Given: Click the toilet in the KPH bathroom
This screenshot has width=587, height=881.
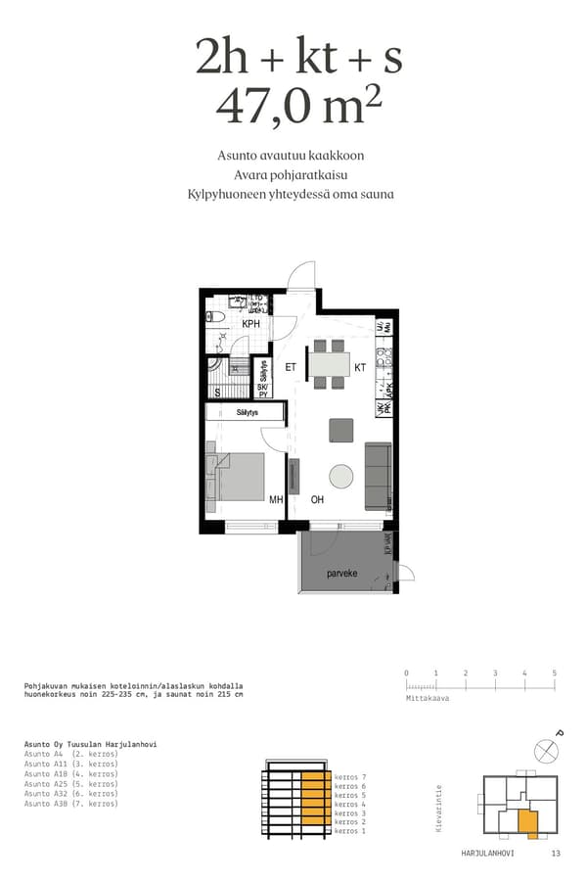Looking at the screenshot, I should click(216, 317).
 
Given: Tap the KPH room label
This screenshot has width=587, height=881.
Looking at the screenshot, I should click(250, 324).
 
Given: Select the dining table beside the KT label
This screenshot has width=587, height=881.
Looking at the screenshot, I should click(329, 364).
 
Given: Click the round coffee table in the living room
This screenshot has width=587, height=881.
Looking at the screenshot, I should click(341, 476).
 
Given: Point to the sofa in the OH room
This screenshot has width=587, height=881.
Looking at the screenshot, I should click(378, 476).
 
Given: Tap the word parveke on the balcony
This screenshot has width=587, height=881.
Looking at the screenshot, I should click(340, 574).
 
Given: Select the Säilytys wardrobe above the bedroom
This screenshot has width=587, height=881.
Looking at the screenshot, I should click(246, 413).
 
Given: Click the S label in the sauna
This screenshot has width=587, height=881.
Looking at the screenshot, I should click(216, 392).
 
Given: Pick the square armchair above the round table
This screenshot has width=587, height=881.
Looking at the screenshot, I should click(341, 430).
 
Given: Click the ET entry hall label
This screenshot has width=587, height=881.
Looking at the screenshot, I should click(291, 368).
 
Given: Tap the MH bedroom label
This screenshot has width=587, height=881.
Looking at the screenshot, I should click(276, 499).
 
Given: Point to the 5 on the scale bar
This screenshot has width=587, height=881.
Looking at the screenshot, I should click(554, 673).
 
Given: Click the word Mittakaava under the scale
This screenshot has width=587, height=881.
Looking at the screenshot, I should click(427, 700).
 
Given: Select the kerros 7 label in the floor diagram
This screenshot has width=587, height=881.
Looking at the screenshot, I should click(349, 776).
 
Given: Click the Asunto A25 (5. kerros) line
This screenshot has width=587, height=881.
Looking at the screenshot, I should click(70, 784).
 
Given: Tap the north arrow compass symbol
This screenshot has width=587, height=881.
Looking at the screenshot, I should click(547, 750).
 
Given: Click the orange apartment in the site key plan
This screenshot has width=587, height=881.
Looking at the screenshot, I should click(529, 822).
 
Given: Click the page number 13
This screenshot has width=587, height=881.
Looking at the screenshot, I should click(556, 854).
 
